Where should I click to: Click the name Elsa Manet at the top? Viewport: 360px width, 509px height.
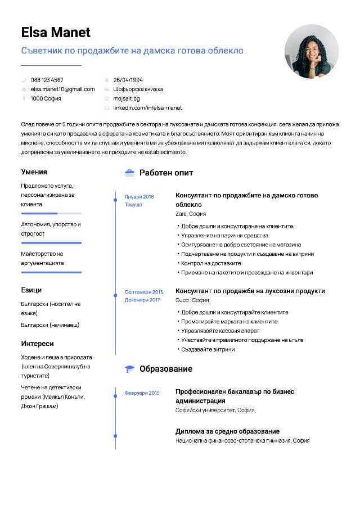click(56, 32)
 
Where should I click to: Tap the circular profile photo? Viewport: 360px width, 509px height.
click(311, 52)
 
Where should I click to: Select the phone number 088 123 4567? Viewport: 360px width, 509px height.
click(47, 80)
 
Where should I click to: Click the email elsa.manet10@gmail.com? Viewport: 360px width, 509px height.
click(62, 89)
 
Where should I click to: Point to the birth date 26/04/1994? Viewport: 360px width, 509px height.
click(128, 80)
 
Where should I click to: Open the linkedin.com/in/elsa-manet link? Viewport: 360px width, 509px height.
click(147, 107)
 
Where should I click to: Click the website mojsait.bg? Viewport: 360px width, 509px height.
click(127, 98)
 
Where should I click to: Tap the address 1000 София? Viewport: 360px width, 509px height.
click(46, 98)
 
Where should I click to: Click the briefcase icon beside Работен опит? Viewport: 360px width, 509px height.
click(129, 173)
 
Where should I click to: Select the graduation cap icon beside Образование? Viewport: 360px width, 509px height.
click(129, 369)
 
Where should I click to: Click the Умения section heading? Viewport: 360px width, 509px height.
click(34, 172)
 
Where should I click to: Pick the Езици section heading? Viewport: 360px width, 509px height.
click(31, 290)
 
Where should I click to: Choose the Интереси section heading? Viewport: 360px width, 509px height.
click(38, 344)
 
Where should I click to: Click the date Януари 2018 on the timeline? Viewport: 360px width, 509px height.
click(139, 197)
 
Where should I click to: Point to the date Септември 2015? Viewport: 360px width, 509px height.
click(143, 292)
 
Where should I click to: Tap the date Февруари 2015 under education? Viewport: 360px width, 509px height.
click(142, 393)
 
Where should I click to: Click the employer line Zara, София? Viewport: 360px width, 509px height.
click(191, 214)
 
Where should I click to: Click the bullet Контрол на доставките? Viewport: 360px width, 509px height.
click(210, 263)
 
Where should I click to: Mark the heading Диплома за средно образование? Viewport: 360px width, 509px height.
click(227, 431)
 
